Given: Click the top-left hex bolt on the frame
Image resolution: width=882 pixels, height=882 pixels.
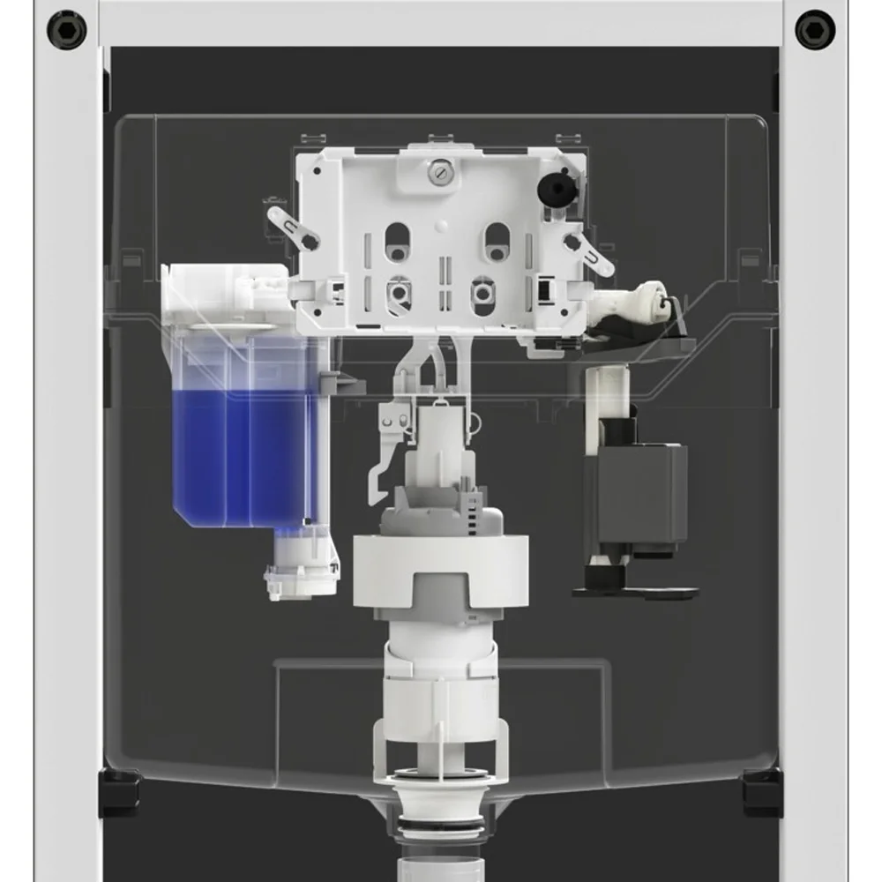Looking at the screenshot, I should coord(67,30).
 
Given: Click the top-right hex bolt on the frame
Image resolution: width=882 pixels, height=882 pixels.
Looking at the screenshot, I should coord(814,30).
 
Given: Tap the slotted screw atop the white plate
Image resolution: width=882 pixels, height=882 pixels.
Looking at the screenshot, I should coord(438,175).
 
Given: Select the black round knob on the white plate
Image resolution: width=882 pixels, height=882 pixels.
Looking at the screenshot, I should coord(554,185).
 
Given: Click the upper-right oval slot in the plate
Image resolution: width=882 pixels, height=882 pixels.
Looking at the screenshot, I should coord(497,241).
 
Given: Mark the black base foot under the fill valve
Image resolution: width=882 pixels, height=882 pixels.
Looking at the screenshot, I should coord(635,587).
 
